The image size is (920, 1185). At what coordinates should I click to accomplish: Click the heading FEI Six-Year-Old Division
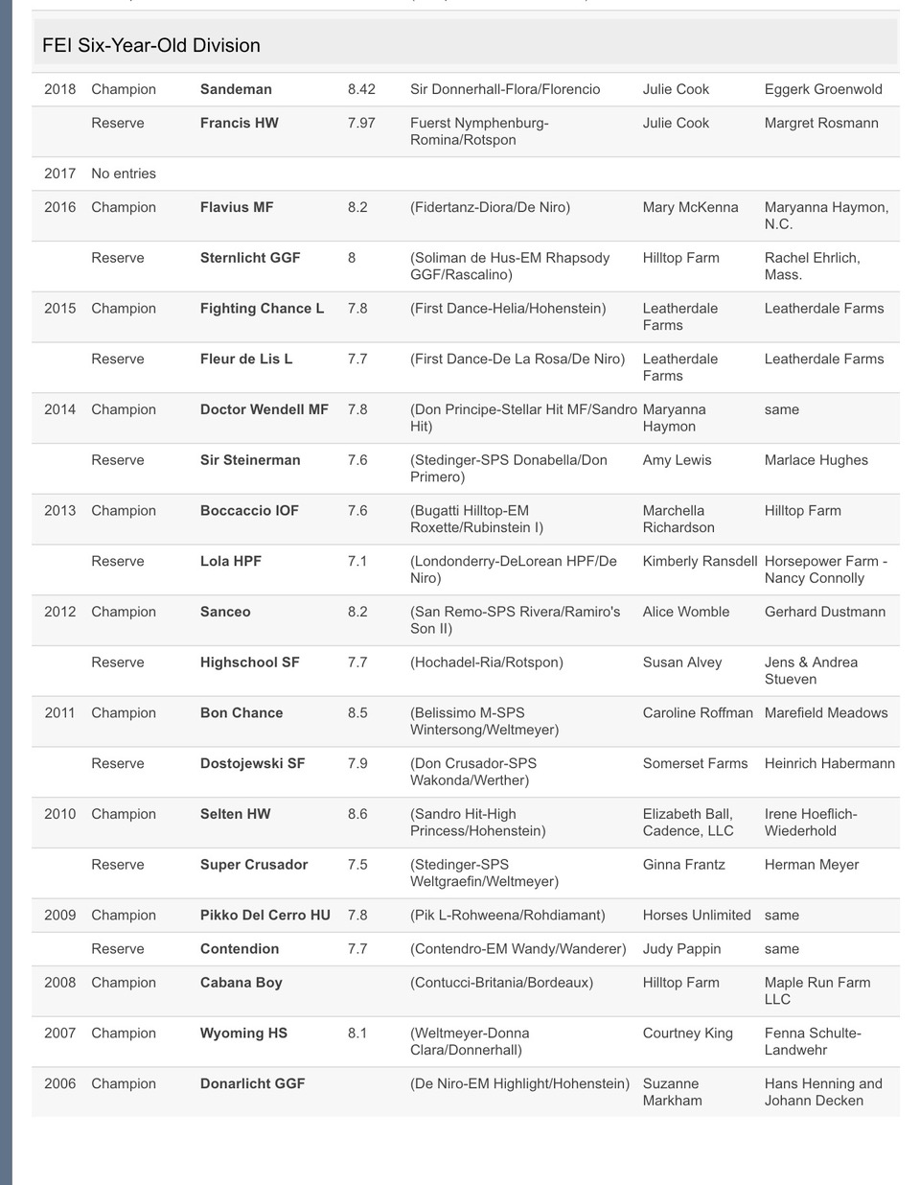(151, 45)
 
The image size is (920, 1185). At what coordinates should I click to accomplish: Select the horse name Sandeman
(236, 89)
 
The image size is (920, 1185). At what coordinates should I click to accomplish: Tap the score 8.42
(361, 89)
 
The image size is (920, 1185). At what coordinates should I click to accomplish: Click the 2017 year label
(59, 174)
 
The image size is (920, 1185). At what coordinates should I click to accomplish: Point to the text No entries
(124, 174)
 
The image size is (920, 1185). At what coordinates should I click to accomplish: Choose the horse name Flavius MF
(237, 207)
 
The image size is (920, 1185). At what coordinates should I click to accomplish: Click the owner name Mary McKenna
(690, 207)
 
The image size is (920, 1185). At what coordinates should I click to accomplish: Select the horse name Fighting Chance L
(262, 309)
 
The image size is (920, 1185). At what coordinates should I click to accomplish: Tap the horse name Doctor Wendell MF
(264, 409)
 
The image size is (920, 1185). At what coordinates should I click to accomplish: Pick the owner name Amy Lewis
(677, 460)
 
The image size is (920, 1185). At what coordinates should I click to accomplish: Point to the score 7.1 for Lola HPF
(357, 561)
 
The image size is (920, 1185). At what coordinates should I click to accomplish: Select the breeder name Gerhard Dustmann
(824, 612)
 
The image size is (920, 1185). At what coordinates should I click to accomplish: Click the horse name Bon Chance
(241, 713)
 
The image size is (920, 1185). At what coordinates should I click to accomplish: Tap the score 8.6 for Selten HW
(357, 814)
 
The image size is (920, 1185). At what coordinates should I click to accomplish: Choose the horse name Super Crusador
(254, 865)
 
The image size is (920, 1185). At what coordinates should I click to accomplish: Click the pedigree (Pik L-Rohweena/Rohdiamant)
(508, 916)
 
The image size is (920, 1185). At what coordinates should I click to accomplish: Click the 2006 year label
(59, 1083)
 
